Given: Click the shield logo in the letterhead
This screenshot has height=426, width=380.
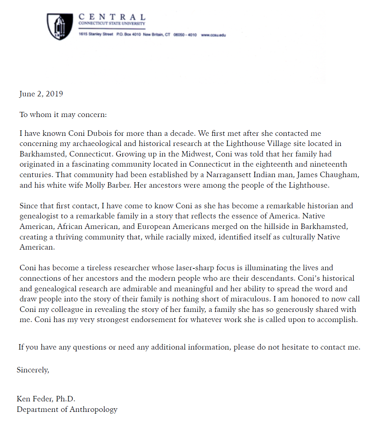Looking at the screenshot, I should tap(60, 26).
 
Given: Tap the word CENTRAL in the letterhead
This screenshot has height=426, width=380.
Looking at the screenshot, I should tap(112, 17).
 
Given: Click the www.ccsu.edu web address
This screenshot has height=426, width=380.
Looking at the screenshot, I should tap(213, 35).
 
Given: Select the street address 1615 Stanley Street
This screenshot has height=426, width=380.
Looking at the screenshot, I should tap(96, 35).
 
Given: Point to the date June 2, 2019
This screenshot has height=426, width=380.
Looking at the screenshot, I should tap(41, 94).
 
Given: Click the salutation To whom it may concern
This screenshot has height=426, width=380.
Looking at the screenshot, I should tap(63, 115).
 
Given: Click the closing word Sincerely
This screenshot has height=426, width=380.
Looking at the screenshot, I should tap(33, 370).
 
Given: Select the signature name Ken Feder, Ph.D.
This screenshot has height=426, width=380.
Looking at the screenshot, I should tap(46, 399).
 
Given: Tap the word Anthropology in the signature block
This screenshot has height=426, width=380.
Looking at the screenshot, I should tap(93, 410).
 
